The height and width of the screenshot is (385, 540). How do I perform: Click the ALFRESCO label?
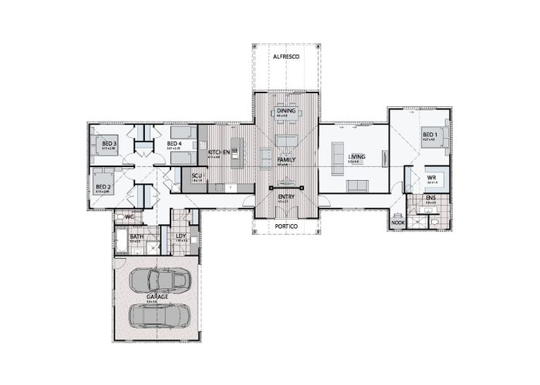[x=286, y=58]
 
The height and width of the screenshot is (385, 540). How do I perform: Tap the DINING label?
[x=286, y=111]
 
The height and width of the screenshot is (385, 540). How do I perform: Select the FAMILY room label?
[x=286, y=159]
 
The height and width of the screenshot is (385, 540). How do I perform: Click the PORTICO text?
[x=286, y=226]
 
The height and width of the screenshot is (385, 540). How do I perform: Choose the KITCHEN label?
[x=219, y=152]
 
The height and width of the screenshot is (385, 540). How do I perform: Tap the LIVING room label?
[x=356, y=156]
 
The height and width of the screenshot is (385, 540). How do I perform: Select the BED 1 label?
[x=430, y=135]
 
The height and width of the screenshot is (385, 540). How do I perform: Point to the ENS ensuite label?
[x=430, y=198]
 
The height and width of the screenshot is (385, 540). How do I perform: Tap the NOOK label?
[x=398, y=223]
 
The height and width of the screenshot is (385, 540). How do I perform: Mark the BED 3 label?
[x=109, y=143]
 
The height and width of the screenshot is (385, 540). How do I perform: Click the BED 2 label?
[x=102, y=186]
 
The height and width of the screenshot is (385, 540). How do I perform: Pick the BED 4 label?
[x=174, y=143]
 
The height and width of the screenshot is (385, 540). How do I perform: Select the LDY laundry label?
[x=181, y=236]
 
